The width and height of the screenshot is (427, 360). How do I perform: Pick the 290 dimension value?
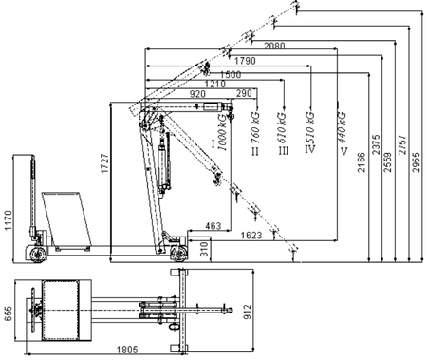tap(244, 95)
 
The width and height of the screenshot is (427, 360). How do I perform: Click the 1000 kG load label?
tap(222, 133)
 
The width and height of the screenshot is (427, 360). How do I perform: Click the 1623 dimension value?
tap(251, 234)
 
